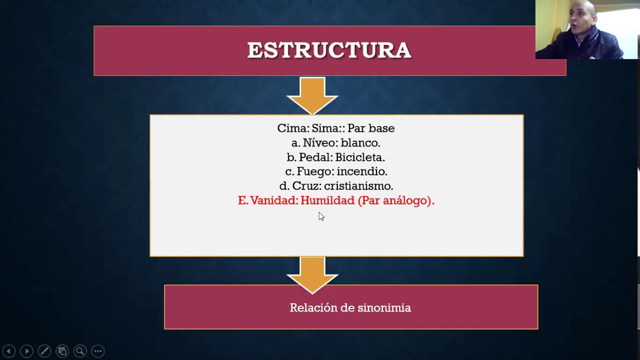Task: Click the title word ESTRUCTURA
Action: [329, 50]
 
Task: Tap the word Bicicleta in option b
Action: [359, 157]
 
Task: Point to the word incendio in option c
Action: [361, 171]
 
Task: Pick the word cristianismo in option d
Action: [358, 186]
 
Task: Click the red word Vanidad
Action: [273, 200]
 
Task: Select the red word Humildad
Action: [327, 200]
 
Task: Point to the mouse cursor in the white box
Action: [321, 216]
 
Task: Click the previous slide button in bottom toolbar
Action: [8, 351]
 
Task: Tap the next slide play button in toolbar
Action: [26, 351]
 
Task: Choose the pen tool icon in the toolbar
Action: [44, 351]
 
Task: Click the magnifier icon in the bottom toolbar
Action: [80, 351]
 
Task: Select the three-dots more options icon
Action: [98, 351]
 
